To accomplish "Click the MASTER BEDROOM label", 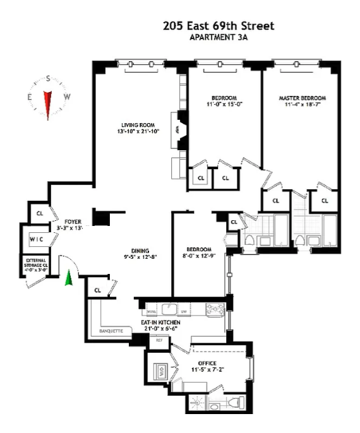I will (302, 98).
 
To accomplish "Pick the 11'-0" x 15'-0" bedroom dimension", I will (224, 105).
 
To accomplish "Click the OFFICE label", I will (207, 363).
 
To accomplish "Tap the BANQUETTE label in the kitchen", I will (111, 331).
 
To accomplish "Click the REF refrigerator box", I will (159, 340).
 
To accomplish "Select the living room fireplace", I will (179, 129).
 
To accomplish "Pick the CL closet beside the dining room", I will (98, 290).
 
